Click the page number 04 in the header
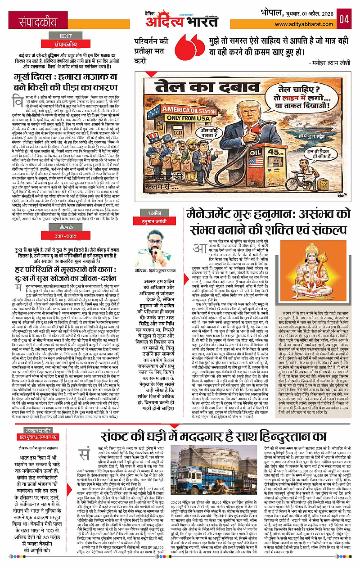pyautogui.click(x=344, y=19)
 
